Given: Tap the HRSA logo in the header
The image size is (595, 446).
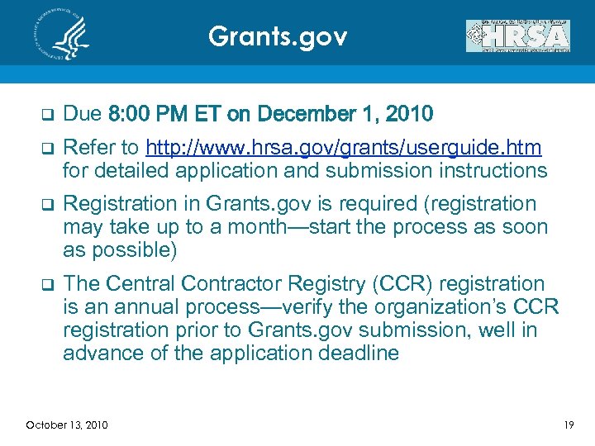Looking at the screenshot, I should click(x=518, y=36).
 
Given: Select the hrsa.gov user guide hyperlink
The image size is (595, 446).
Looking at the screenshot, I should click(x=343, y=148).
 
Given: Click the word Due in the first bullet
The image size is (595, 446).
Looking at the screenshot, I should click(x=81, y=113).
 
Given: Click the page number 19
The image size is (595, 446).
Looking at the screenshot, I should click(x=569, y=425).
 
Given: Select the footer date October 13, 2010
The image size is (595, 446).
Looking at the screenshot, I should click(x=66, y=425).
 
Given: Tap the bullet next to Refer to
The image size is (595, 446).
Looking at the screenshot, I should click(x=46, y=149).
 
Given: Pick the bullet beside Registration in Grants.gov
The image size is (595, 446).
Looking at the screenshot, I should click(x=46, y=204).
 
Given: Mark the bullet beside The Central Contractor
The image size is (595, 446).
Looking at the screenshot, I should click(x=46, y=284).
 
